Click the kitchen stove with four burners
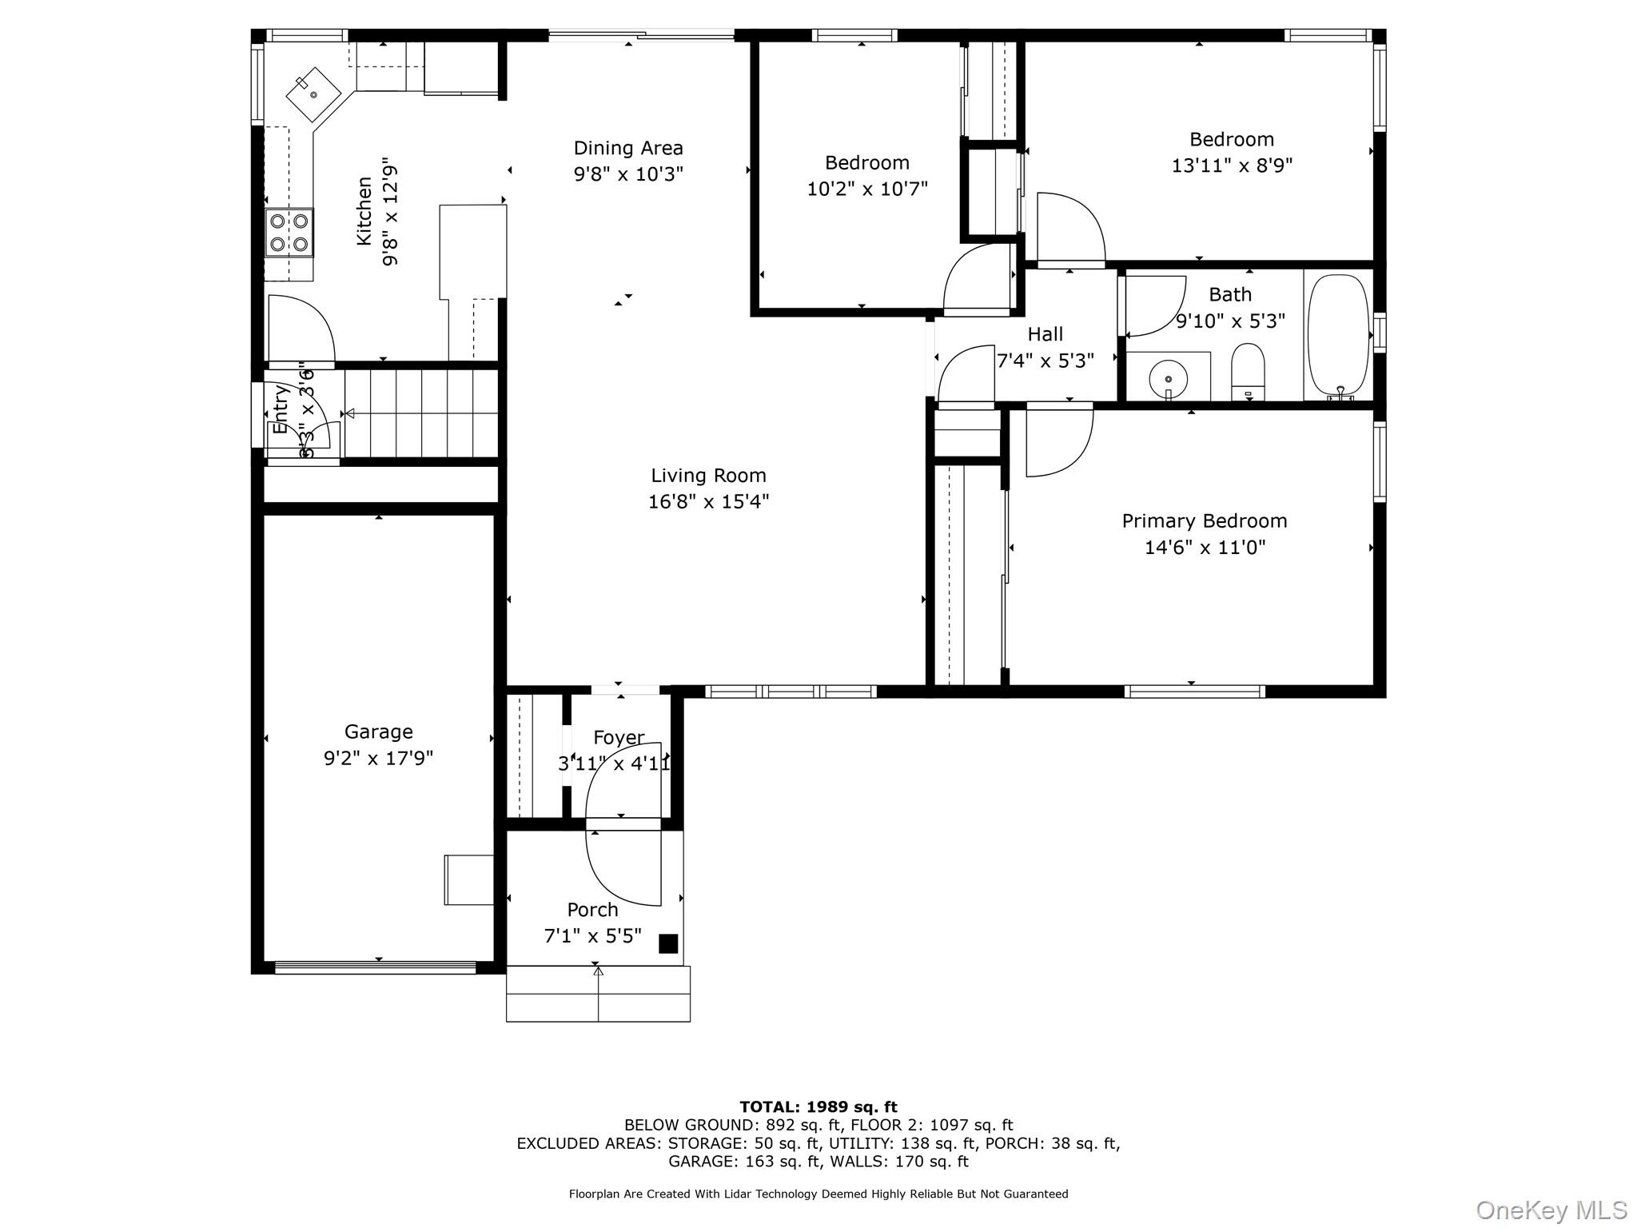(289, 233)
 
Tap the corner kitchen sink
(313, 95)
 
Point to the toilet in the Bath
(1247, 369)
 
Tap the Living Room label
(708, 476)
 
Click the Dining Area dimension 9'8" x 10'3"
(628, 174)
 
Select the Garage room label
(378, 732)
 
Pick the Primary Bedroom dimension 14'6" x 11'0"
(1205, 548)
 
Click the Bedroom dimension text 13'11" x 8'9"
(1232, 165)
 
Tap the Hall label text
(1046, 334)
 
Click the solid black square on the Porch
(668, 943)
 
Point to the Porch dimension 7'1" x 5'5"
(592, 936)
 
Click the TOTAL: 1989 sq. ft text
(818, 1107)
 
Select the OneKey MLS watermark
(1551, 1210)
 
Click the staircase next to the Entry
(422, 413)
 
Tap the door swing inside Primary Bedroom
(1057, 441)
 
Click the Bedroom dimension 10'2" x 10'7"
(867, 189)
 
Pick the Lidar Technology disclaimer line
(818, 1194)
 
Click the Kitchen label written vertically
(364, 211)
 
